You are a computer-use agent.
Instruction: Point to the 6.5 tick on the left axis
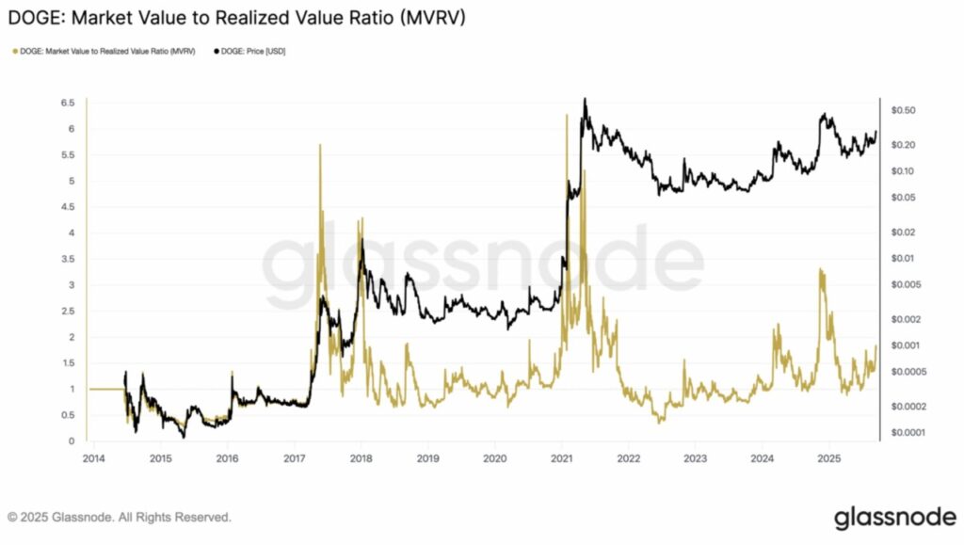click(67, 103)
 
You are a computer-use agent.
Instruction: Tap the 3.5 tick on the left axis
click(67, 259)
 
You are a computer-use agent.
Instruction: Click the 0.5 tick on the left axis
click(67, 415)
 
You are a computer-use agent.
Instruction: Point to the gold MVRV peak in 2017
click(320, 145)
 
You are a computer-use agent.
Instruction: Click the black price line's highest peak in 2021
click(585, 99)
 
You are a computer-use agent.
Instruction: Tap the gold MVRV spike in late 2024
click(821, 271)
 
